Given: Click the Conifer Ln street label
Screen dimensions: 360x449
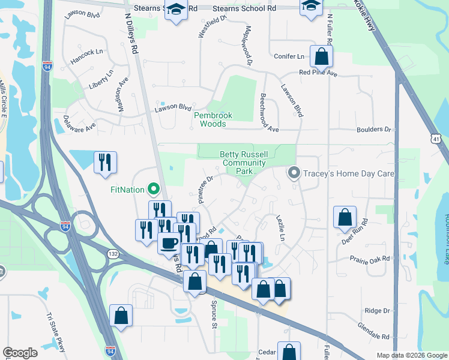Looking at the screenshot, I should tap(289, 56).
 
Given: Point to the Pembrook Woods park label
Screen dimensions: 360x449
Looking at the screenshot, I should tap(209, 119).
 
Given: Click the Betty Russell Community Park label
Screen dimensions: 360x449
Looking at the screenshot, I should tap(243, 163).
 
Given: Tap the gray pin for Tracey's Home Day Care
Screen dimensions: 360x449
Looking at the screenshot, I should tap(294, 173).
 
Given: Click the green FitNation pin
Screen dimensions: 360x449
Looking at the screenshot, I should tap(154, 190).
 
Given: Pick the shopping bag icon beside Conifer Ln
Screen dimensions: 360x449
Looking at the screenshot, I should tap(322, 58).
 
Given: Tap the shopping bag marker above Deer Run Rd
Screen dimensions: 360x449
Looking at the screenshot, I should tap(345, 218).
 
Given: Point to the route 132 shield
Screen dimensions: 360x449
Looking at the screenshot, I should tap(113, 254).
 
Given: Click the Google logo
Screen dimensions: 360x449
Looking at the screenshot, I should tap(20, 353).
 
